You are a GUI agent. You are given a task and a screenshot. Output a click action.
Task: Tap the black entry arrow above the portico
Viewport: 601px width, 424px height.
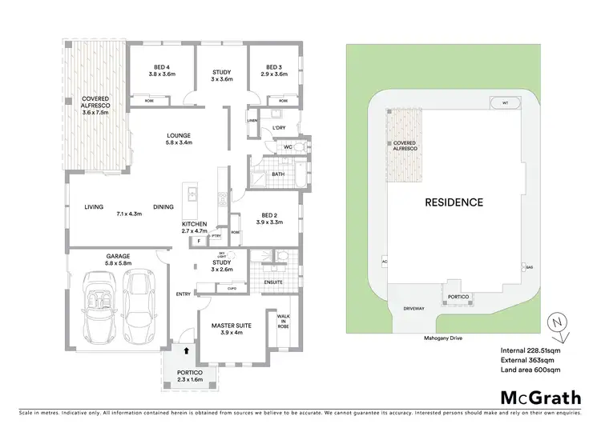click(187, 350)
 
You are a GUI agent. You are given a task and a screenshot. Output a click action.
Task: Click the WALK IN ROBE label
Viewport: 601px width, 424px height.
click(282, 322)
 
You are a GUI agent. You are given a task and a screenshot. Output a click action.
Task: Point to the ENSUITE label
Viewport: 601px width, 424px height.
click(275, 282)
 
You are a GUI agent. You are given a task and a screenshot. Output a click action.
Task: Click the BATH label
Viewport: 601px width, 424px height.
click(278, 174)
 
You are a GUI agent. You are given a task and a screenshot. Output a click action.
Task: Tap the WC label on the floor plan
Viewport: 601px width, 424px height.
click(288, 148)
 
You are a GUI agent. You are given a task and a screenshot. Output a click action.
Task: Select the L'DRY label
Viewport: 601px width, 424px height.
click(279, 128)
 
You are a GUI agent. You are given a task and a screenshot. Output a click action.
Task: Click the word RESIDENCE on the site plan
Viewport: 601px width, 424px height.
click(454, 202)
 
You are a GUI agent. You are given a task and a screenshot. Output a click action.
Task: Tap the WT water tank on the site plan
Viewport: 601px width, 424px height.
click(505, 103)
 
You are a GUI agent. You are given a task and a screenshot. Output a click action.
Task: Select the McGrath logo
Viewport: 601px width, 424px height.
click(534, 397)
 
